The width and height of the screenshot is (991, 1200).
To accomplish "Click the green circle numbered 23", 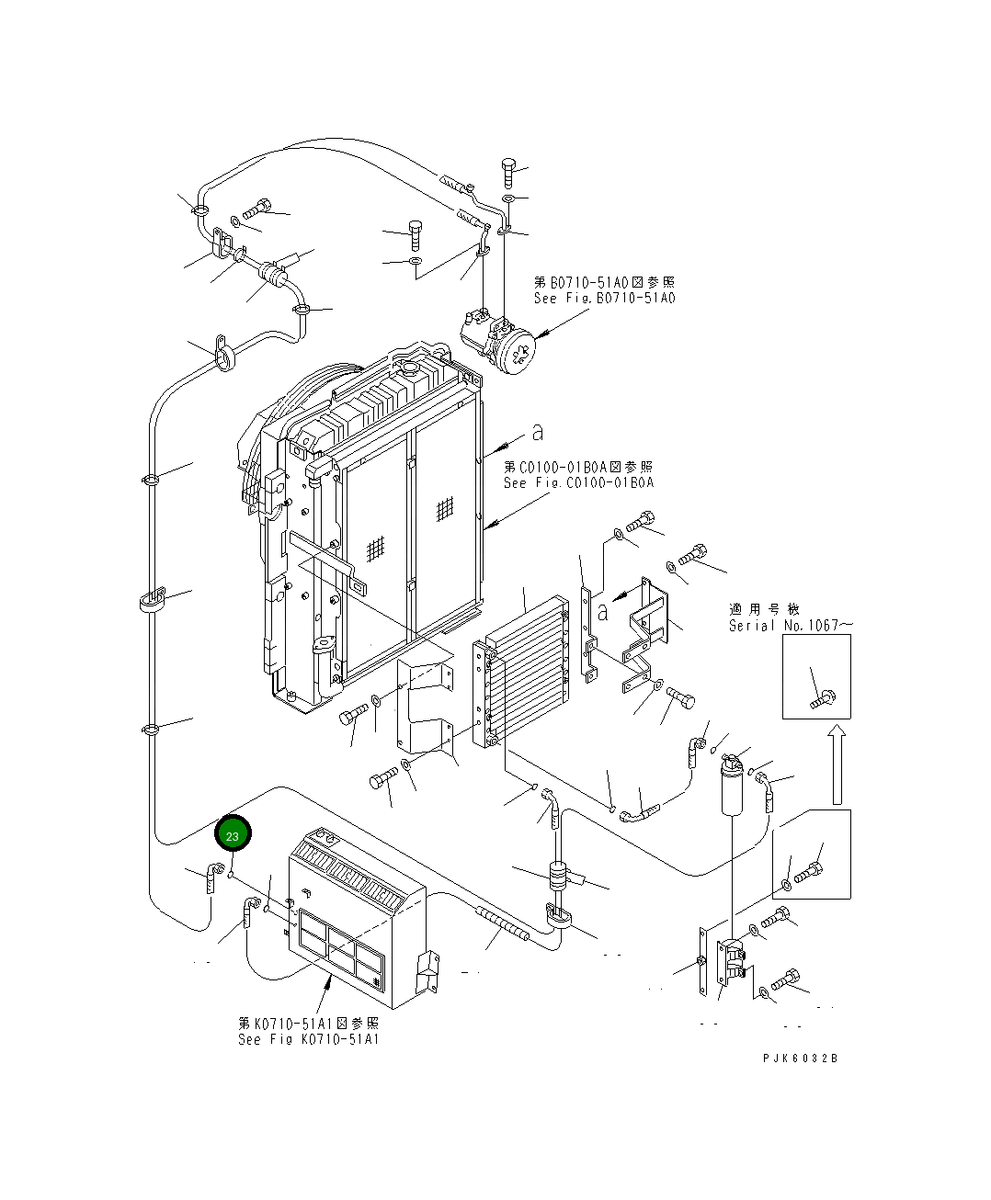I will point(233,835).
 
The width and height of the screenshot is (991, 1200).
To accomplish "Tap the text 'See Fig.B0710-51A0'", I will point(604,299).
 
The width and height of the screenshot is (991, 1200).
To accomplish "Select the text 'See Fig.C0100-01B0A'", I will point(578,483).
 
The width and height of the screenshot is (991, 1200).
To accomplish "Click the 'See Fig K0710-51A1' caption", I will point(308,1039).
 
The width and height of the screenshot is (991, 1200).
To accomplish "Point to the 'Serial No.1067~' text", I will point(791,626).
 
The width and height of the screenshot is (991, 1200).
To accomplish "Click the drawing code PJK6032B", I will point(800,1058).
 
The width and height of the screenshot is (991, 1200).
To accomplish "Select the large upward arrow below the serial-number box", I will point(837,763).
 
